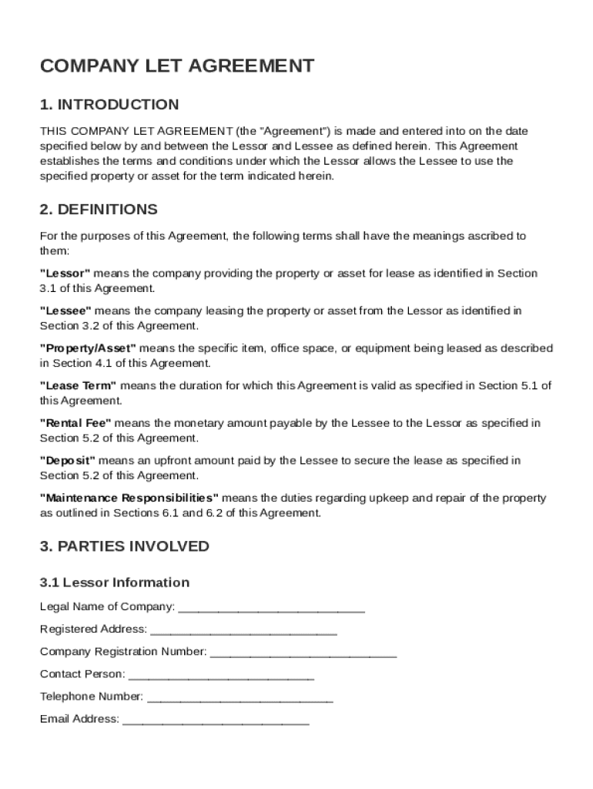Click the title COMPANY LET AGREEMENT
(x=177, y=66)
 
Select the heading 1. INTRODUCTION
(x=109, y=105)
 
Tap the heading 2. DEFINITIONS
(x=99, y=210)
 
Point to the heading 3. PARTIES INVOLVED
(x=125, y=546)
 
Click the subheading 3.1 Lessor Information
(x=115, y=583)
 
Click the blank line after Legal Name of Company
(x=271, y=609)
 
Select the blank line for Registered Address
(x=243, y=631)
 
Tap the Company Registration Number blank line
(x=303, y=653)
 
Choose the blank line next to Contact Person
(x=221, y=676)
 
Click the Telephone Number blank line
(x=240, y=698)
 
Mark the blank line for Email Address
(x=216, y=720)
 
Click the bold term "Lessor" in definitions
(x=65, y=274)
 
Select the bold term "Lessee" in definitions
(x=66, y=311)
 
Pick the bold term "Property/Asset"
(x=88, y=348)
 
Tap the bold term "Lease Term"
(x=79, y=386)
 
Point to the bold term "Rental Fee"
(x=75, y=423)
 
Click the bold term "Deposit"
(x=68, y=461)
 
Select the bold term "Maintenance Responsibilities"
(x=129, y=499)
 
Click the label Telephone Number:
(x=92, y=697)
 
